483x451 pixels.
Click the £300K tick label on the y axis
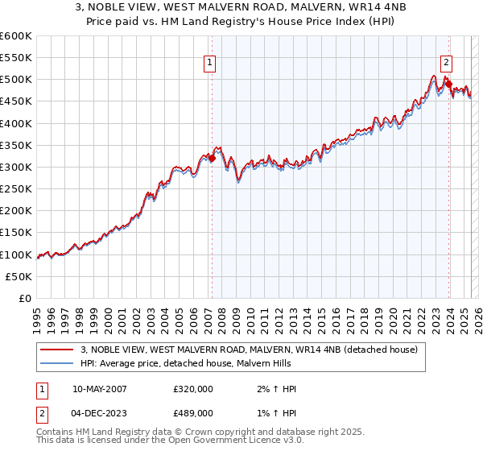point(16,167)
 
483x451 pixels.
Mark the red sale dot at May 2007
point(212,159)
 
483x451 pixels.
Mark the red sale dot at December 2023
point(448,85)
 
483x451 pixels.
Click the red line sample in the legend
point(57,350)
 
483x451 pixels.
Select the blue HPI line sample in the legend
point(57,364)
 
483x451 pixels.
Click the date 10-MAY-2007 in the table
point(100,389)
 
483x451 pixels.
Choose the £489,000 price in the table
point(193,412)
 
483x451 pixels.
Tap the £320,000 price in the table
point(193,389)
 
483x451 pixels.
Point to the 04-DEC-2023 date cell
point(100,412)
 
